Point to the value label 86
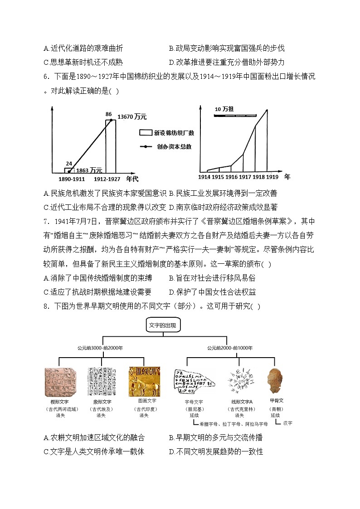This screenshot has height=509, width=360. [x=108, y=114]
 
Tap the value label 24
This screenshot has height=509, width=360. [x=69, y=164]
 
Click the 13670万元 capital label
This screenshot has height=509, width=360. [x=132, y=117]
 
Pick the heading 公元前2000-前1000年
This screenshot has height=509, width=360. [x=230, y=348]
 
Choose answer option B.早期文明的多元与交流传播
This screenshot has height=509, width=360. [x=215, y=438]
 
